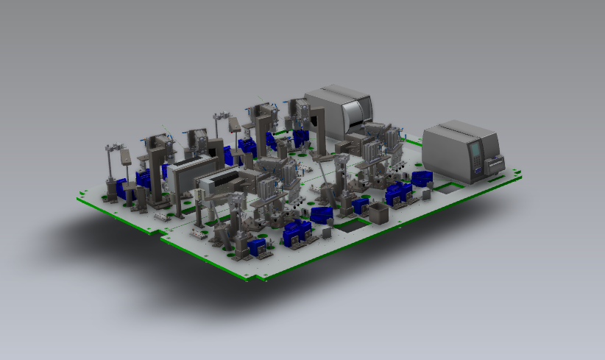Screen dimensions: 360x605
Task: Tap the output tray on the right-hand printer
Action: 496,163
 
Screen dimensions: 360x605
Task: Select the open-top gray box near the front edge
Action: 377,214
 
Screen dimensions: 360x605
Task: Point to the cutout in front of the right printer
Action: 445,188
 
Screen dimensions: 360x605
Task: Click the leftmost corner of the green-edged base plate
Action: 79,197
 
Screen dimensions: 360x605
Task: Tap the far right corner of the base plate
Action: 523,175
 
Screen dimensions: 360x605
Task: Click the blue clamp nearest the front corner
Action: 258,247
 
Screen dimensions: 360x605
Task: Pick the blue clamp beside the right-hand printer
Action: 421,178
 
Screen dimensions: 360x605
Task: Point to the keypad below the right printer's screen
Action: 478,167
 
